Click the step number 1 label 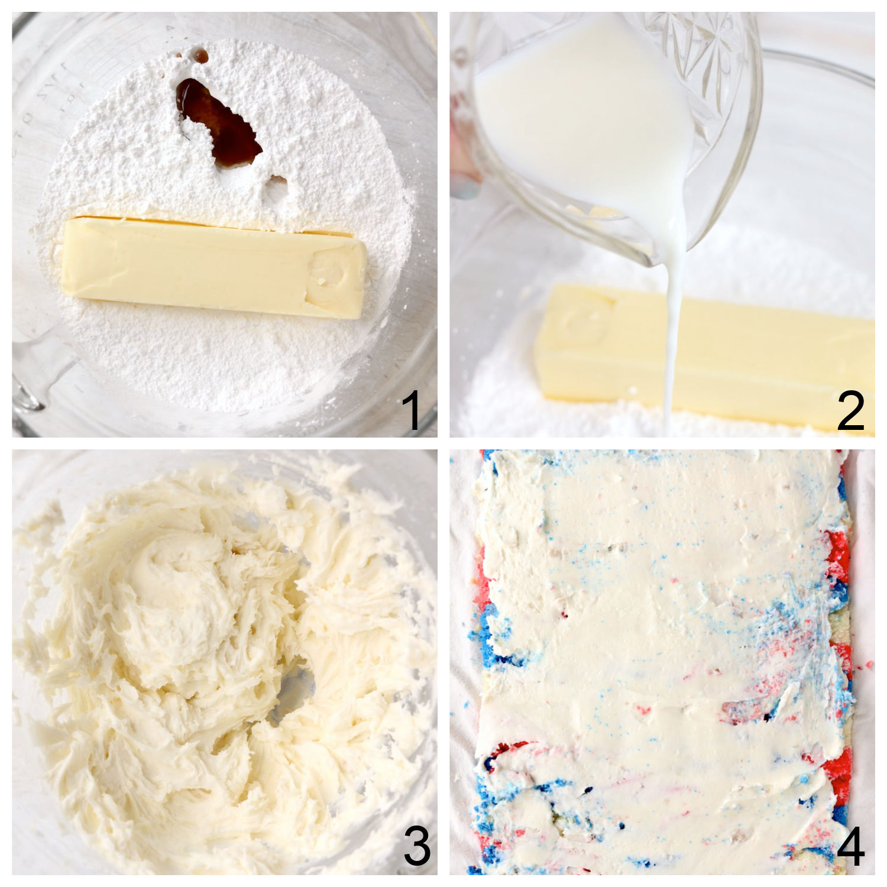tap(412, 412)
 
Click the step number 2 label tap(850, 412)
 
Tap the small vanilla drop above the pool tap(202, 57)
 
